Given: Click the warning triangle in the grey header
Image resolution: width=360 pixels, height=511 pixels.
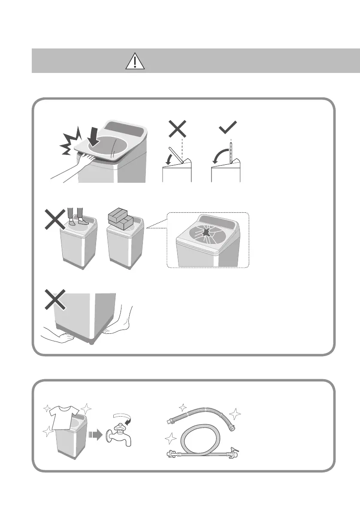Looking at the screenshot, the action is click(x=135, y=62).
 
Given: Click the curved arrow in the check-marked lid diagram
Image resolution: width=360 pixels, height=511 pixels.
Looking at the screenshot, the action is click(x=221, y=156).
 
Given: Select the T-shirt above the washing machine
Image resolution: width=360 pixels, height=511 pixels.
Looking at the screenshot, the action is click(x=64, y=416).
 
